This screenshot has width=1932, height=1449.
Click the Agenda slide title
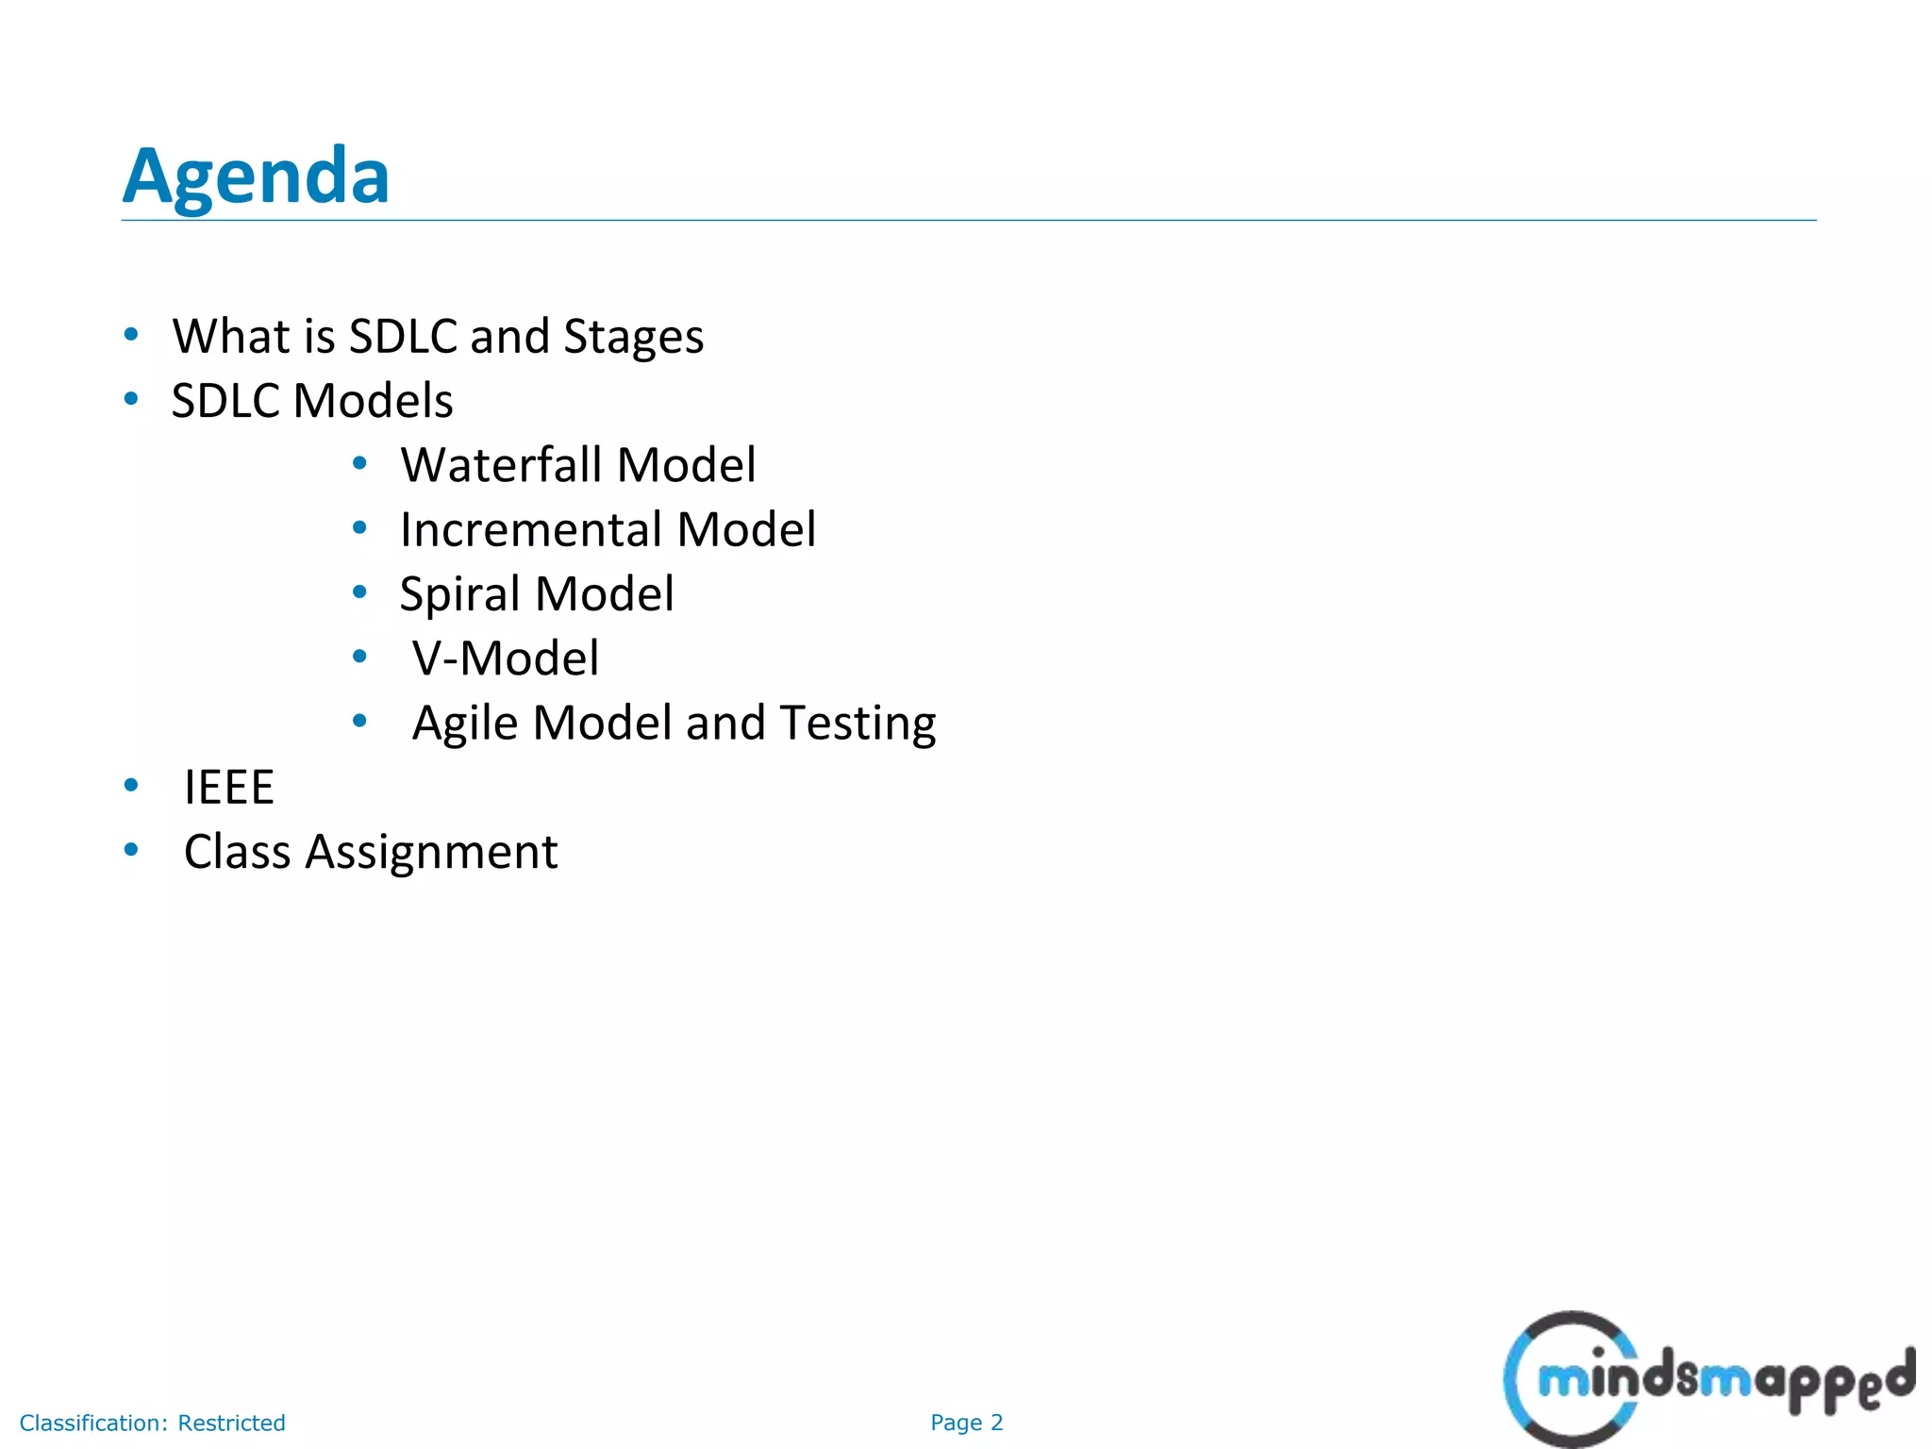tap(256, 176)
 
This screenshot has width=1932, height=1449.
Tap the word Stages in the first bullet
tap(633, 337)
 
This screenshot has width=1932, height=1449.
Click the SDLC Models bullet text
tap(312, 400)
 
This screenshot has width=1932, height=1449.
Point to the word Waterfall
tap(501, 464)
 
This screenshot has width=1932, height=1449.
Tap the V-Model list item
tap(506, 658)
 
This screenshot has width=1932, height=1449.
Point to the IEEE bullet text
tap(229, 787)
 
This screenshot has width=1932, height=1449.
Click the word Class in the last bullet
tap(237, 851)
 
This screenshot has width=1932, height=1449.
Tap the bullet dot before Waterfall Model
tap(359, 463)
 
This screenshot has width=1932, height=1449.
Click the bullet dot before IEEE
tap(131, 785)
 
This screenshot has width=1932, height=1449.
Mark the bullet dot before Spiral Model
tap(359, 592)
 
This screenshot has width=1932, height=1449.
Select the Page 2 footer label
tap(966, 1423)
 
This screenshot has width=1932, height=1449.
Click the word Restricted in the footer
tap(231, 1423)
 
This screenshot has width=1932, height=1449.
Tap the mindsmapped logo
tap(1708, 1378)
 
